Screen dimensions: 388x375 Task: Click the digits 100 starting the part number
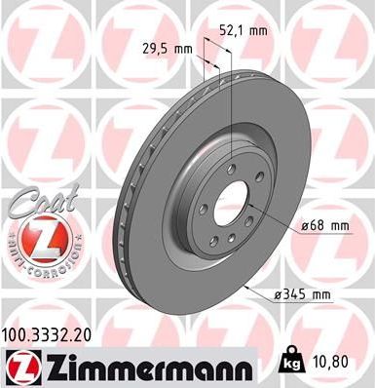[x=18, y=334]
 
